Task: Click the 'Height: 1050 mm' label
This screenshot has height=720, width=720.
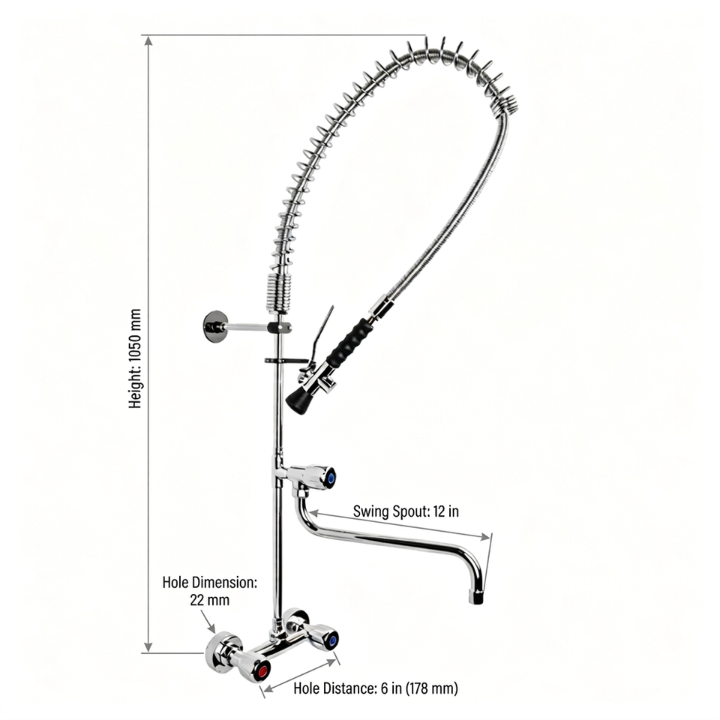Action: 135,358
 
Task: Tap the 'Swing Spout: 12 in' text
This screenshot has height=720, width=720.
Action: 406,511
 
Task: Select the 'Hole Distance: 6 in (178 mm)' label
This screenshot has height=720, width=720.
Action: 375,688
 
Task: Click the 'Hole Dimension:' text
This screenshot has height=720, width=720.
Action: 210,583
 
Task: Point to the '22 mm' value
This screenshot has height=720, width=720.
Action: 210,600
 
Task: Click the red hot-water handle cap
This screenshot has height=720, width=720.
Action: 262,670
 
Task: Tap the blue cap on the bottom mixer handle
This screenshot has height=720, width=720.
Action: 333,640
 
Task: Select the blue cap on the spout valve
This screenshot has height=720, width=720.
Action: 331,478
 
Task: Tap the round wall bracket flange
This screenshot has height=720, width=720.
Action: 215,326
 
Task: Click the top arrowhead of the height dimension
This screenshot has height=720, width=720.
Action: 148,41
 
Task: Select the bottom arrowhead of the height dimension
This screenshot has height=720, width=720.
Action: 148,646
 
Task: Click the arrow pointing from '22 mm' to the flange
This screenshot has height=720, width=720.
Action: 207,622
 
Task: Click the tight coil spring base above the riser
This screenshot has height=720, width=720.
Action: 277,293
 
